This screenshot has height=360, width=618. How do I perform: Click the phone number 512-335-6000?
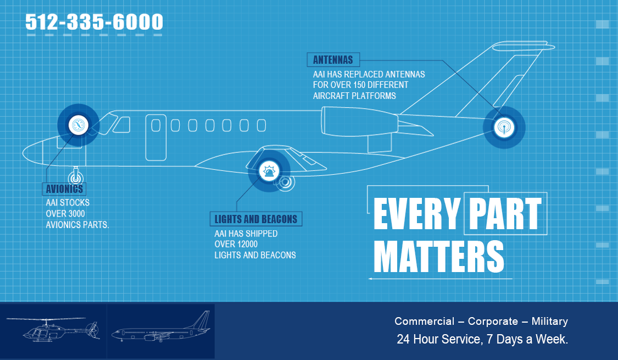[94, 21]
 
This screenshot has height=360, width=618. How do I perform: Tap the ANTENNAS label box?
[333, 60]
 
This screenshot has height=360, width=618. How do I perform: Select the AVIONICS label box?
[64, 189]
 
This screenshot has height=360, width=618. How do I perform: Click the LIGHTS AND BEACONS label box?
[256, 219]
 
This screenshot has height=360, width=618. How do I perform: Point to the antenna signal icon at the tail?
[504, 128]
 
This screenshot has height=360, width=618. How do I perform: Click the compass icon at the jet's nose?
[78, 125]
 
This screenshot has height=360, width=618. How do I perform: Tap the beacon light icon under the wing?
[269, 171]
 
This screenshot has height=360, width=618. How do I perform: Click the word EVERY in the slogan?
[416, 213]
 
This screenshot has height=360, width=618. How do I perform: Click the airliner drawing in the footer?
[161, 327]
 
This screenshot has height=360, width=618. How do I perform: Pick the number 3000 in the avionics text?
[75, 214]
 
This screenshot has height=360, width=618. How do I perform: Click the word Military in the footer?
[549, 322]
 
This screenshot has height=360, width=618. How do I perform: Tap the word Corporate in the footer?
[493, 322]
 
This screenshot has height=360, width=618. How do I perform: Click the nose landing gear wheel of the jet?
[75, 178]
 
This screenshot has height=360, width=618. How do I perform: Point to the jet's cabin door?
[155, 137]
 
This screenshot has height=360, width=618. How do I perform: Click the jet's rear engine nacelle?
[360, 121]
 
